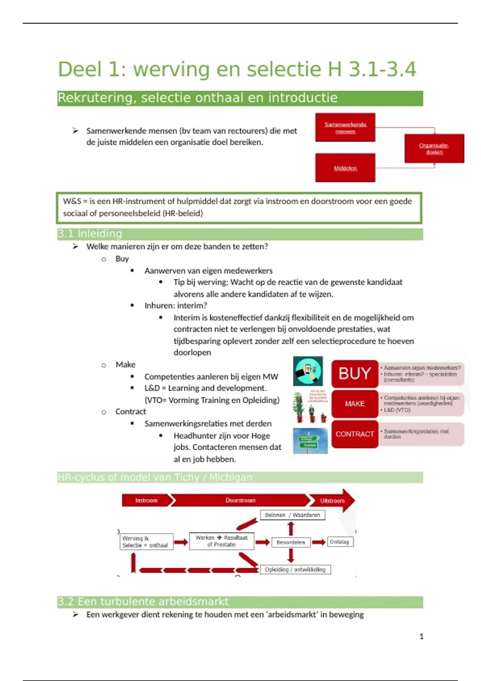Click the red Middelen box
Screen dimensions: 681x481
click(x=345, y=168)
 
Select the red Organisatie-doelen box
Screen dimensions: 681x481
click(x=434, y=149)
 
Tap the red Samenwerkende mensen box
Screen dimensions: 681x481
click(x=345, y=127)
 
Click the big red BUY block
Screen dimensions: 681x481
click(x=355, y=373)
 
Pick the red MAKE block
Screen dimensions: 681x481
click(x=355, y=404)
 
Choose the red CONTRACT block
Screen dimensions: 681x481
click(x=355, y=434)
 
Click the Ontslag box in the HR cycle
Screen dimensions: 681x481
click(x=340, y=542)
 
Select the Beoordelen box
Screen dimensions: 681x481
click(x=291, y=542)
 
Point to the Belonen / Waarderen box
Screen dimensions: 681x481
click(x=293, y=515)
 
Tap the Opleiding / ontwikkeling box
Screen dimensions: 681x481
click(x=295, y=570)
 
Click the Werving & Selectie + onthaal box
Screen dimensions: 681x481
click(x=146, y=542)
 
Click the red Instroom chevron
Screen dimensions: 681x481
click(x=147, y=500)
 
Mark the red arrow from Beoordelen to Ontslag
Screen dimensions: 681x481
click(x=319, y=542)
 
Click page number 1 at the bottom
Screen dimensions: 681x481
click(x=421, y=637)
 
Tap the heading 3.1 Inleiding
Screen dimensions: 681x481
click(x=90, y=234)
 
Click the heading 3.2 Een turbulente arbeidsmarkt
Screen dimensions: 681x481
click(x=143, y=602)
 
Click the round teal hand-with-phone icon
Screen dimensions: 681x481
click(x=308, y=371)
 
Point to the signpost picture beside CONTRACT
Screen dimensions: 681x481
click(x=310, y=441)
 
